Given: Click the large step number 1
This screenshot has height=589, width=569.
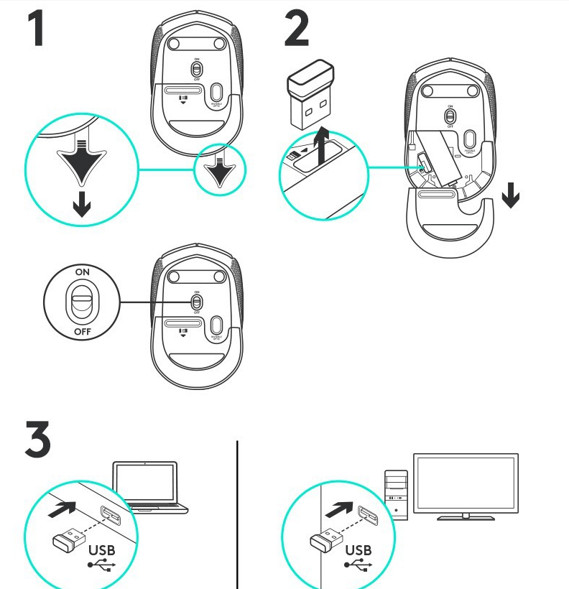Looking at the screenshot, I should tap(44, 28).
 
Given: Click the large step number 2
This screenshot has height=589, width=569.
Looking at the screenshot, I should tap(295, 28).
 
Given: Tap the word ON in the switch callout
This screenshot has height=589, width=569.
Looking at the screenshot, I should tap(83, 273).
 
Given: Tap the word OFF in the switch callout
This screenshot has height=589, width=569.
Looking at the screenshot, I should tap(83, 333).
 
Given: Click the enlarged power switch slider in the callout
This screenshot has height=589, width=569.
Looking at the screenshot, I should tap(82, 302).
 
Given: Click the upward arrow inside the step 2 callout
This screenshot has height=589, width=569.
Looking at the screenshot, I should tap(323, 147).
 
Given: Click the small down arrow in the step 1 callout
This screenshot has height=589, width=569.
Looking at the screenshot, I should tap(82, 207).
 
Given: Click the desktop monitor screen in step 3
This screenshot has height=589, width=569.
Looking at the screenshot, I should tap(465, 483).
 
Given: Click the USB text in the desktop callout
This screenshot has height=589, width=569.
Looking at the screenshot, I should tap(358, 551).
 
